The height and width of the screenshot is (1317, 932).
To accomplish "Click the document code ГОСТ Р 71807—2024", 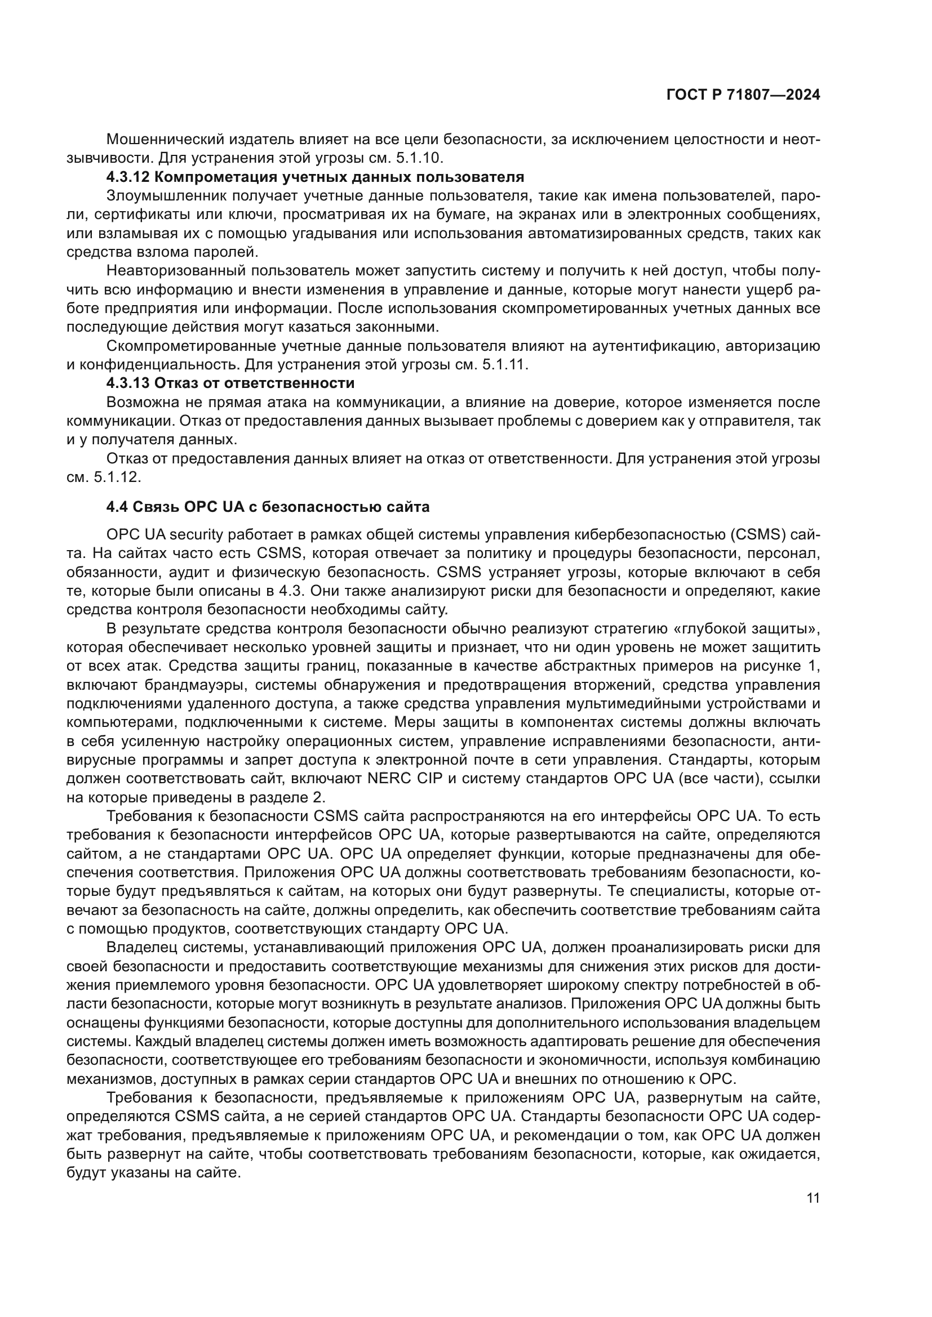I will pos(743,95).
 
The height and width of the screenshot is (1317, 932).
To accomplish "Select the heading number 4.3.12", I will pos(128,177).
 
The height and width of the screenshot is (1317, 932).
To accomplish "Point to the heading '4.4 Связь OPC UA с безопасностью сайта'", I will pos(268,507).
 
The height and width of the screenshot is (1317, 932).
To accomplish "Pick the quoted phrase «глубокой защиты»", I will pos(747,630).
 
